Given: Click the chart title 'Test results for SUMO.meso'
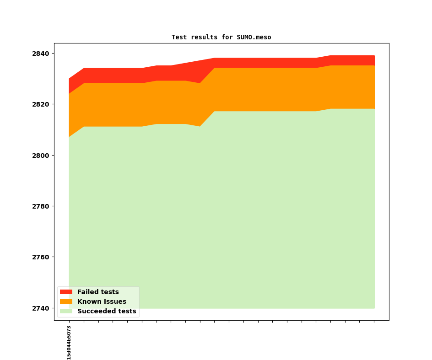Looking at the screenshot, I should coord(221,37).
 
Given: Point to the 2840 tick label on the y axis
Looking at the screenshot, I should coord(40,54).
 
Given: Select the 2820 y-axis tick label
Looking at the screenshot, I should coord(40,104).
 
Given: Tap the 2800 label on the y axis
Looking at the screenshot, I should coord(40,156).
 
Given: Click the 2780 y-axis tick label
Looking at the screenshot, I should coord(40,206).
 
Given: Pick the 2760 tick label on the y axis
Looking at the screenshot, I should coord(40,257).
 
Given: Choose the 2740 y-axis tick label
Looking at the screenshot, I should coord(40,308).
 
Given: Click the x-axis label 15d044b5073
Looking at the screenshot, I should coord(69,343).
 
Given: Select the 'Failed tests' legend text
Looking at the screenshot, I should coord(98,292).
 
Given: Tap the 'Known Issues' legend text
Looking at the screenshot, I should coord(102,301).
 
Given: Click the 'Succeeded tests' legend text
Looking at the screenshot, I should coord(107,311).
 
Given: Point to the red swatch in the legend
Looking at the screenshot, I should coord(66,292).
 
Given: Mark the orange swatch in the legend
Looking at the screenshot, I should coord(66,301).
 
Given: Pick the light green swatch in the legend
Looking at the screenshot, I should coord(66,311).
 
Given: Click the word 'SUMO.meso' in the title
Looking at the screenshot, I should coord(254,37).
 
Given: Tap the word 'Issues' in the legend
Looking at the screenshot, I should coord(114,301).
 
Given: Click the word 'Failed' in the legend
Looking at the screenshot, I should coord(88,292).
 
